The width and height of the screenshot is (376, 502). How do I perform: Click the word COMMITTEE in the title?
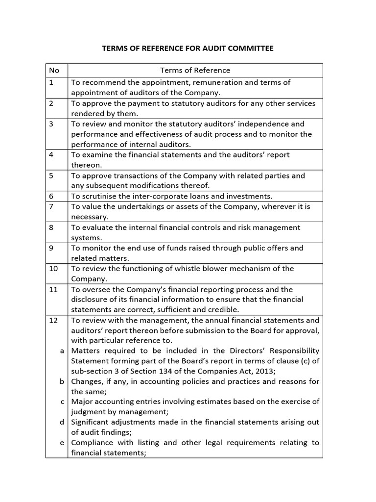click(248, 49)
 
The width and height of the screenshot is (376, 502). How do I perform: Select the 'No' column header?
click(54, 70)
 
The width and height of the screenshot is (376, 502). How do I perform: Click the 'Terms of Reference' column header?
click(195, 70)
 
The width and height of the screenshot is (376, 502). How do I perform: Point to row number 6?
click(51, 196)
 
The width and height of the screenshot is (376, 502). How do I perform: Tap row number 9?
click(51, 248)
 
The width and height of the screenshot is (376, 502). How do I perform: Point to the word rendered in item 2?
click(88, 113)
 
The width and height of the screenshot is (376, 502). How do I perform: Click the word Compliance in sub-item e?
click(93, 443)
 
